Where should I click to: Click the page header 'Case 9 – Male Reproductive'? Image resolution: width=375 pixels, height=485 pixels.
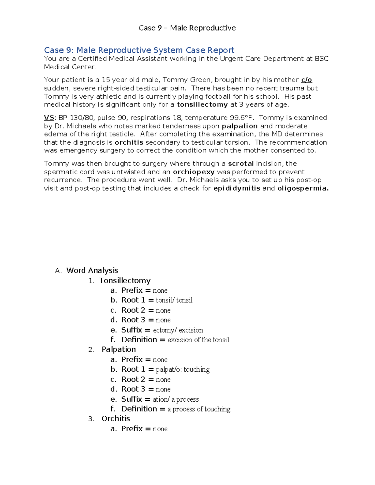coord(187,28)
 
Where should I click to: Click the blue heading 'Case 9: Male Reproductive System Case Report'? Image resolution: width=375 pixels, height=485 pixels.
coord(139,50)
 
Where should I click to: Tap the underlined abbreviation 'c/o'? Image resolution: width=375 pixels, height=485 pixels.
coord(307,80)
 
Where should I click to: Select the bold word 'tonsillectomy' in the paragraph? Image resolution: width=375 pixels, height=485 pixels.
coord(202,105)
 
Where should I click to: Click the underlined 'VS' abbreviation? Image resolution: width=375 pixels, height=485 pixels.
coord(49,118)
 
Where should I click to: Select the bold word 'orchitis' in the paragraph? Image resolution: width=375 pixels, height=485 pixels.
coord(129,142)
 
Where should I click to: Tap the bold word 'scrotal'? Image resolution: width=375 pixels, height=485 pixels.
coord(241,164)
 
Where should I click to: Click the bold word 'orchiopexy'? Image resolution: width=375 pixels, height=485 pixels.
coord(194,172)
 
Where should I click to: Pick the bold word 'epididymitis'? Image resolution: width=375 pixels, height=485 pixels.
coord(237,188)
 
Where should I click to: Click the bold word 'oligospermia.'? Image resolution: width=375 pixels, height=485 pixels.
coord(303,188)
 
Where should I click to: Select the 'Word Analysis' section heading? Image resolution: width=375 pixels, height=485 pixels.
coord(92,270)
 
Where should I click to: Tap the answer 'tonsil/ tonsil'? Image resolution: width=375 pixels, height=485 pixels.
coord(174,300)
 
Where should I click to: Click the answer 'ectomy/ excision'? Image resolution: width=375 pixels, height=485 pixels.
coord(178,330)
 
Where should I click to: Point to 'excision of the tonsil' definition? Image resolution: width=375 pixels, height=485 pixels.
coord(198,340)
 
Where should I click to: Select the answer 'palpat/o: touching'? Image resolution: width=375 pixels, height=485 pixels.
coord(182,370)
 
